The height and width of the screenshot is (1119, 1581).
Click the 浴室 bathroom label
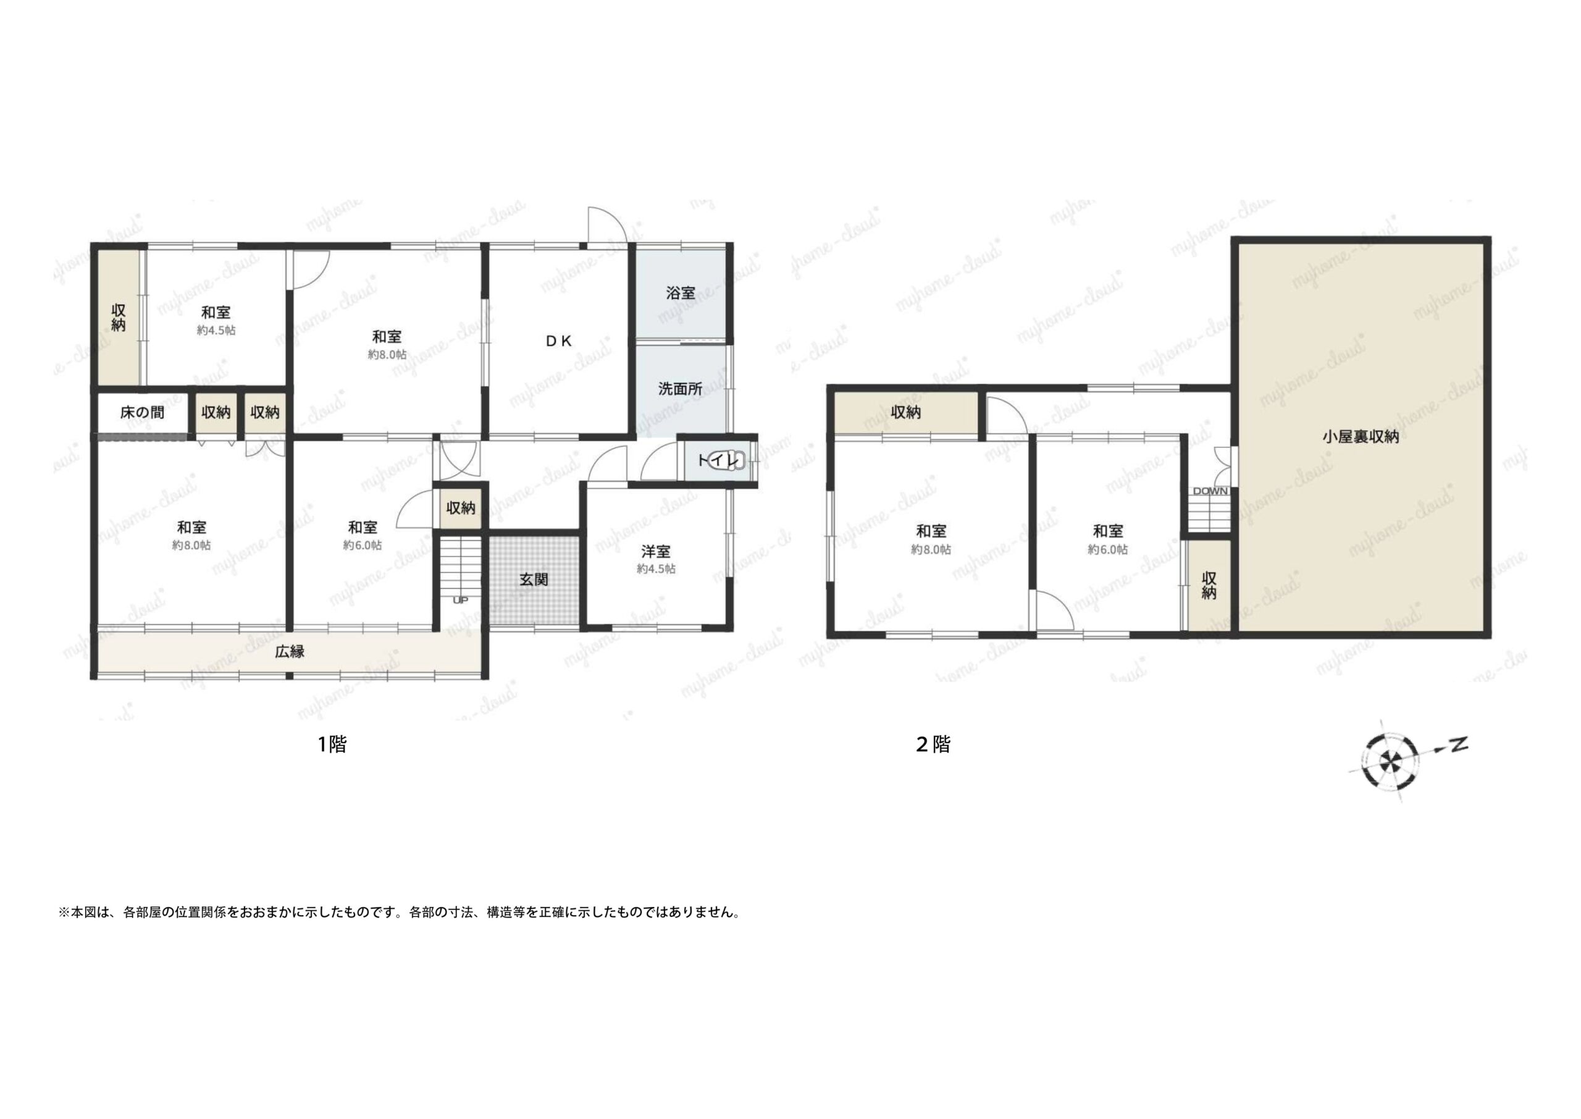681,293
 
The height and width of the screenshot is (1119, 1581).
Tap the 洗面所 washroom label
681,389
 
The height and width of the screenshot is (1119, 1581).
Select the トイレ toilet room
718,460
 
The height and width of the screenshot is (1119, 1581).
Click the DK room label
558,340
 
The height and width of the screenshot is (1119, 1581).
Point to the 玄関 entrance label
534,580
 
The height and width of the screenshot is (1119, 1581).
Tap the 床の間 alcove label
143,413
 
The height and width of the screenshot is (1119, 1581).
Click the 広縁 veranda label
290,651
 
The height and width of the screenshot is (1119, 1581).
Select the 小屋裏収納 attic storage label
1360,436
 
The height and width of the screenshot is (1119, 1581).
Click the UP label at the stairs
460,600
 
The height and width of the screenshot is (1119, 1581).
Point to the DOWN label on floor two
1210,491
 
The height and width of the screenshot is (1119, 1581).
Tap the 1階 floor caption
332,744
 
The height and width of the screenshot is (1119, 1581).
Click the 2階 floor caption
934,744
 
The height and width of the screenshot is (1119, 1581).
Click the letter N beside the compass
1459,744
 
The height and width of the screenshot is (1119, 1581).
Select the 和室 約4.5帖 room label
216,321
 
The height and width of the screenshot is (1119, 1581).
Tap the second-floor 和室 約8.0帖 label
931,539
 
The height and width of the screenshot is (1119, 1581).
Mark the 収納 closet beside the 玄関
461,509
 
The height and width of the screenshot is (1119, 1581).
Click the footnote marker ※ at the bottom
64,913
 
